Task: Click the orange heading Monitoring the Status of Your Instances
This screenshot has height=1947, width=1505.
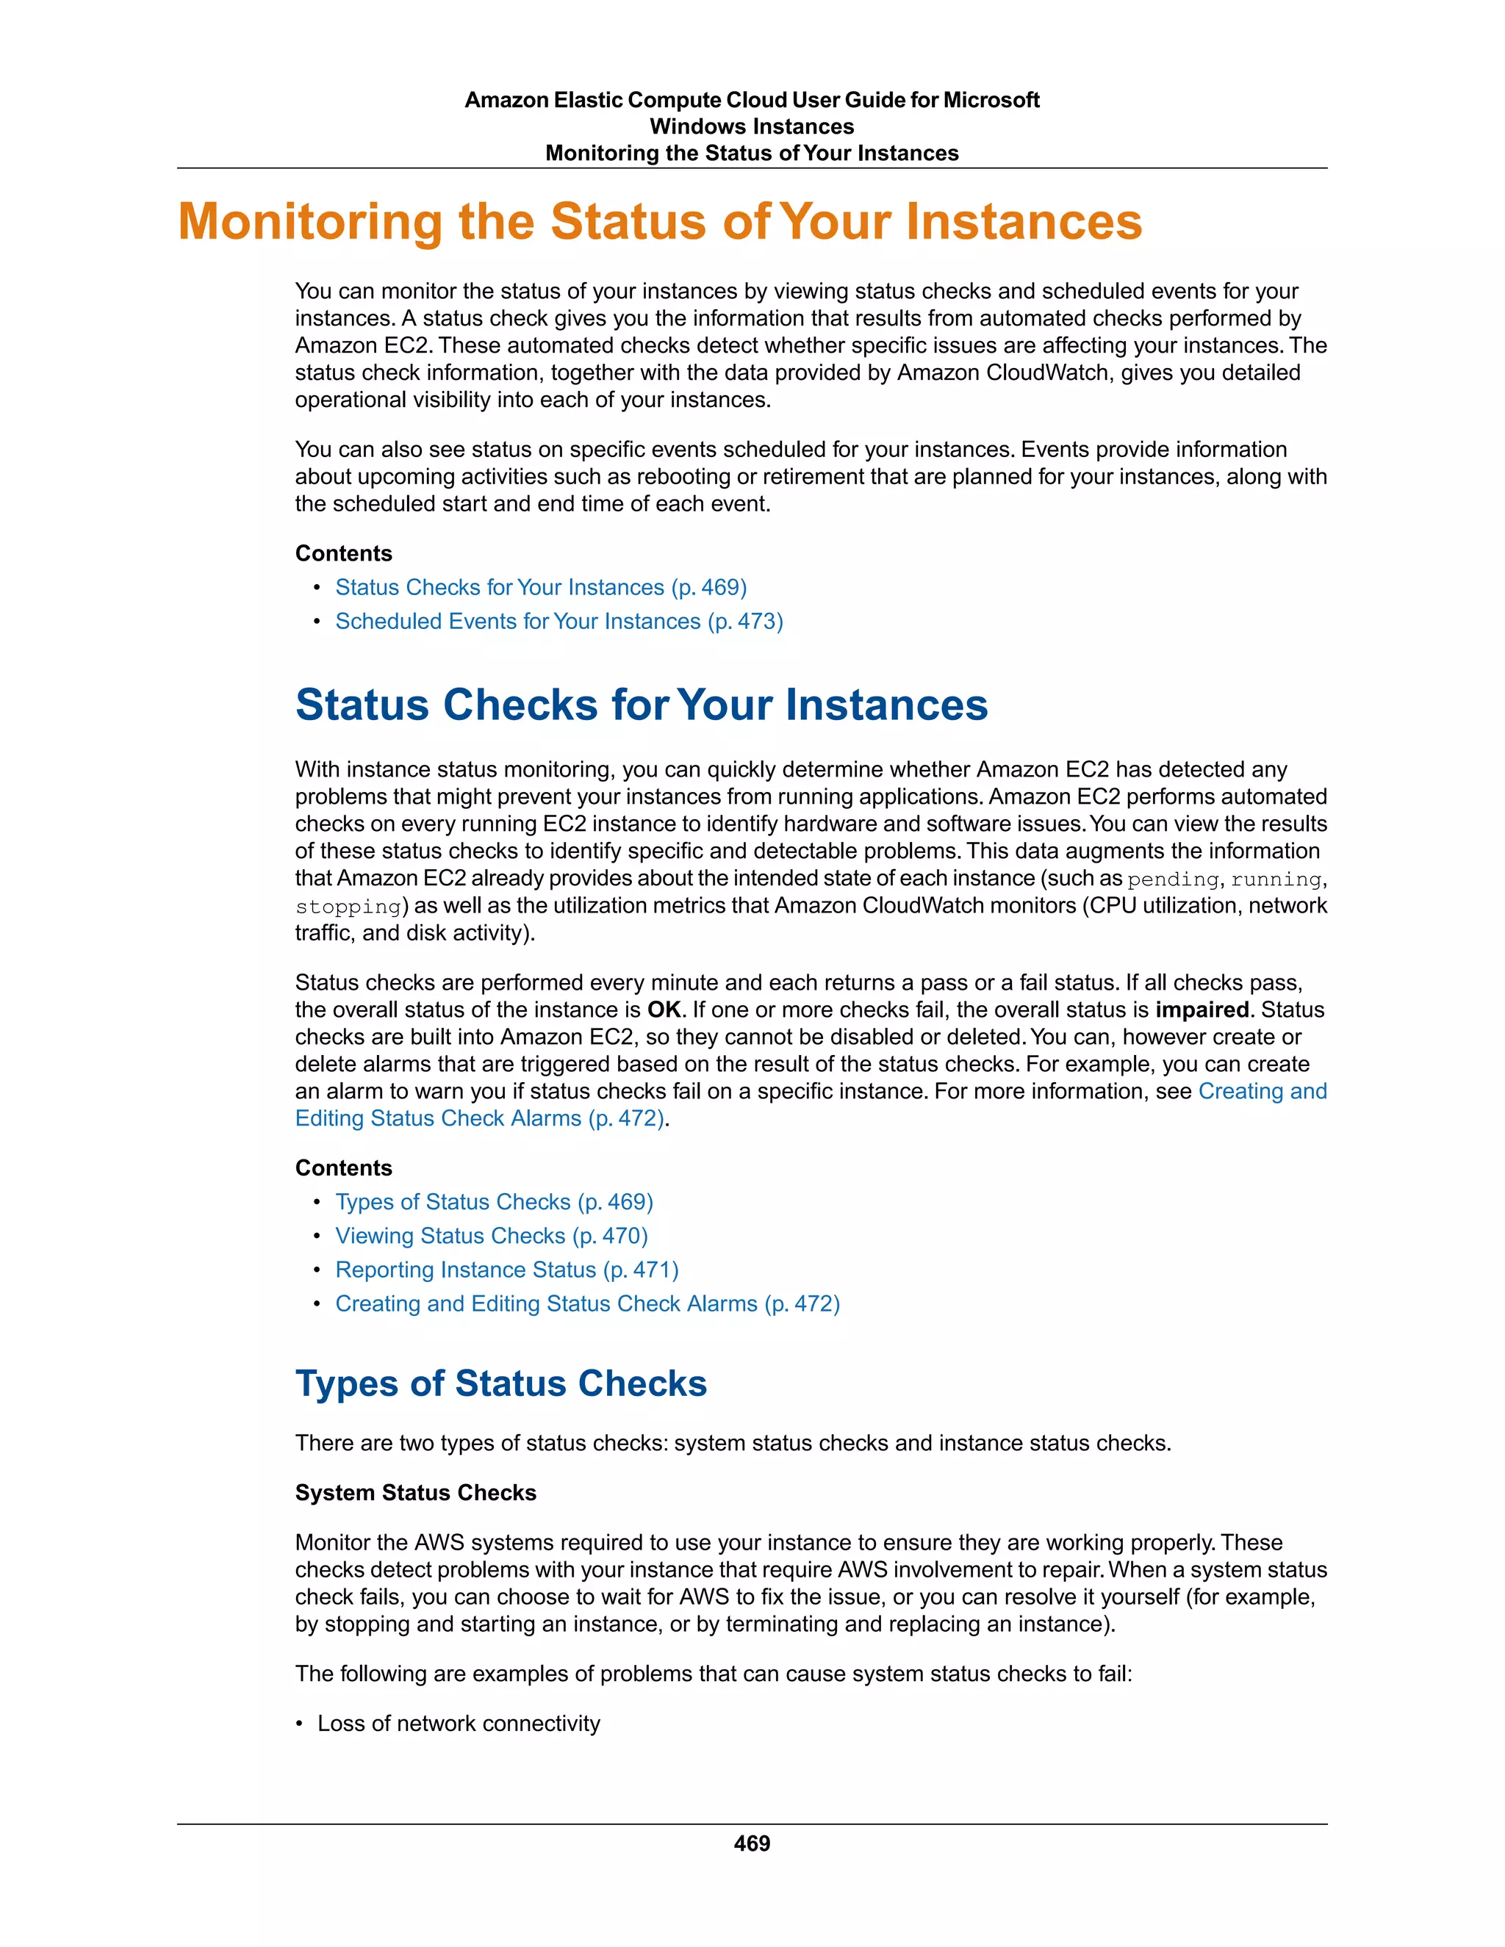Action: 660,222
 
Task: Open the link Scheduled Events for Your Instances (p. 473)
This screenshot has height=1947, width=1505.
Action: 559,622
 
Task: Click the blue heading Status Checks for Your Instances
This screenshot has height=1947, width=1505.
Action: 641,705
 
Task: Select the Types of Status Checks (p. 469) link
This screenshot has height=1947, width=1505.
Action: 494,1202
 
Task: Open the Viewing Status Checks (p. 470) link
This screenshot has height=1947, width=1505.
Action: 492,1236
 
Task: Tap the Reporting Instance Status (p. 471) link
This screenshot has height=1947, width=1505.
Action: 506,1270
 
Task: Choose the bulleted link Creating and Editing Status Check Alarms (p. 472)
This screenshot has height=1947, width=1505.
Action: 588,1303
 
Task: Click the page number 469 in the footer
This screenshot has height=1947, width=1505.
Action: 752,1843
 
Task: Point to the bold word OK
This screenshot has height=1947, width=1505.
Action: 664,1010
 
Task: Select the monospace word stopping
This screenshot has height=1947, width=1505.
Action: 348,907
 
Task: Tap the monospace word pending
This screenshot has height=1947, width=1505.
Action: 1172,880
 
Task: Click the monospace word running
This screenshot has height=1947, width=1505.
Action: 1276,880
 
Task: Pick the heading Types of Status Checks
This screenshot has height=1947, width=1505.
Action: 501,1383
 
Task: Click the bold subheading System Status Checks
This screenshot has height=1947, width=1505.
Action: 415,1493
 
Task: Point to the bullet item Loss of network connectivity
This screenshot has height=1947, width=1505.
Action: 459,1723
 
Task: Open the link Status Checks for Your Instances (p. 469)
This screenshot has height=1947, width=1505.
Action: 540,588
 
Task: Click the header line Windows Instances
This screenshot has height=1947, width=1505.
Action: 752,126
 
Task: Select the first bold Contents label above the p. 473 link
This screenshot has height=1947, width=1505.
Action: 343,554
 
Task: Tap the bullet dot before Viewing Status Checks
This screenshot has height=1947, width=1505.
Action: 317,1237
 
